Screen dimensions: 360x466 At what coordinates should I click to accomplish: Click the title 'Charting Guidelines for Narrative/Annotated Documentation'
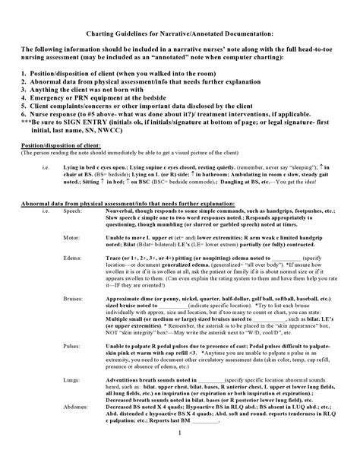[179, 33]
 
